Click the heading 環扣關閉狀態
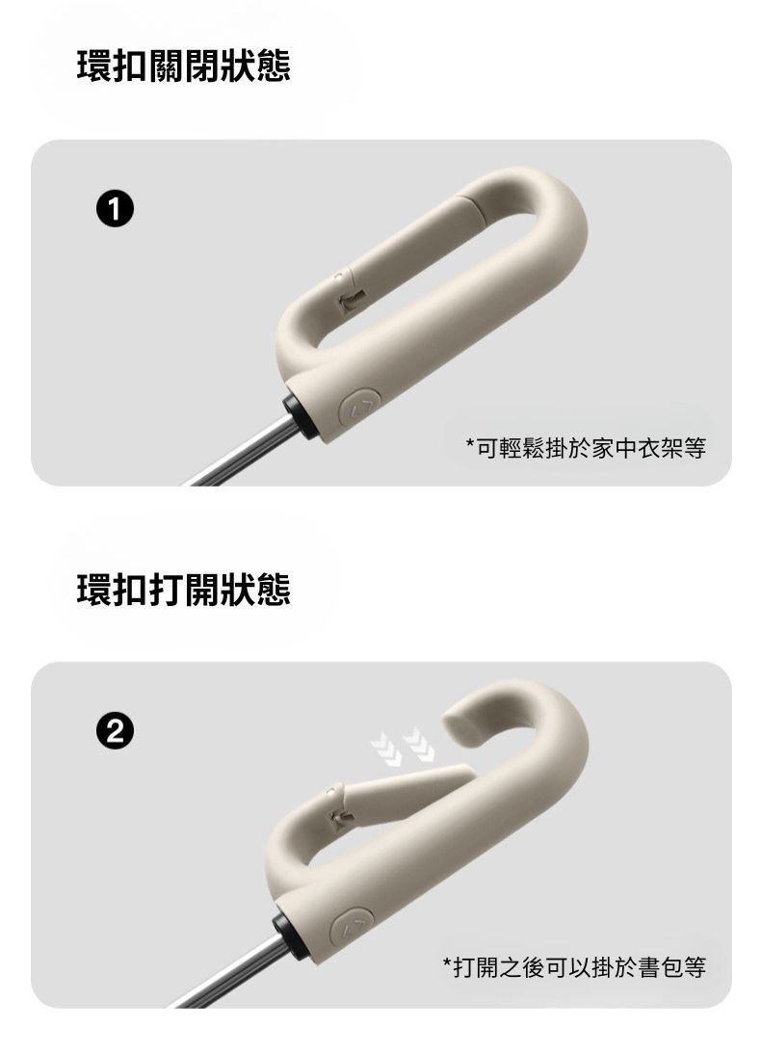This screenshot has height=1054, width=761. (184, 66)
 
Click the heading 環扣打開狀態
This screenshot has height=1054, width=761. (184, 590)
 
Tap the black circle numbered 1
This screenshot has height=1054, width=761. (115, 209)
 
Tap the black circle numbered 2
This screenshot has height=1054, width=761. (115, 731)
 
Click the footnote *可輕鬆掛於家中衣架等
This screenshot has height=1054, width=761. (586, 447)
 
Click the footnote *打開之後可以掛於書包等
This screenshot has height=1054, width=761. (574, 967)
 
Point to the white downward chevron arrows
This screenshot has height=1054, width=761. (403, 746)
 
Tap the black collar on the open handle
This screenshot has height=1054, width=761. (287, 934)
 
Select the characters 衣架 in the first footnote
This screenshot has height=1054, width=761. (660, 447)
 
